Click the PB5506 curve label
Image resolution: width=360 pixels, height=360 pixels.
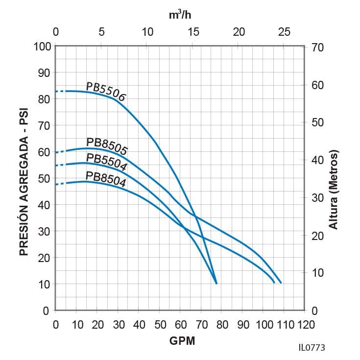[x=106, y=92]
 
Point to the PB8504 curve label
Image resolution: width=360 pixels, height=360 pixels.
[x=106, y=179]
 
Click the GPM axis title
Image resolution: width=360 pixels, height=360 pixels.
[x=182, y=341]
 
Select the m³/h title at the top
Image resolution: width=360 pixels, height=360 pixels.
[x=180, y=15]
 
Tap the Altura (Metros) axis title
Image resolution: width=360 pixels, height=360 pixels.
[x=334, y=190]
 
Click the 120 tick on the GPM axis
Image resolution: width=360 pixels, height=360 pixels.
[x=304, y=324]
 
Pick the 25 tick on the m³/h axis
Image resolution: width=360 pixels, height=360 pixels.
[x=284, y=32]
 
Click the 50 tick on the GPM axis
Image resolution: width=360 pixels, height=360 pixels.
[x=160, y=324]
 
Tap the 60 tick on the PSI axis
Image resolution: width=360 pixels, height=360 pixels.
[x=44, y=152]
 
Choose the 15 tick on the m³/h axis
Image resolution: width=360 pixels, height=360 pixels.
[x=193, y=32]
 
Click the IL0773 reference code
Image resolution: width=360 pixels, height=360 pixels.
[x=311, y=347]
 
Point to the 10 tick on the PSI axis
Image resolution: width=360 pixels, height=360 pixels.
[x=44, y=285]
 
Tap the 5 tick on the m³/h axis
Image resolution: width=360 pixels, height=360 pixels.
[x=101, y=32]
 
